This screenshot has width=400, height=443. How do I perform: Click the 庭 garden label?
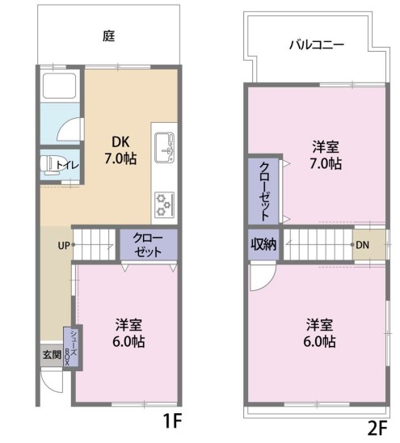point(109,36)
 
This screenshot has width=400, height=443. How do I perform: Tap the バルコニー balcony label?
point(317,45)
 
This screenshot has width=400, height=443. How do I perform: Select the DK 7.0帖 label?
point(120,150)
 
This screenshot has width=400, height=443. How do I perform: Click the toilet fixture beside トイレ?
point(48,165)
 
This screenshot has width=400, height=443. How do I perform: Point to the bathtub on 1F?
point(59,86)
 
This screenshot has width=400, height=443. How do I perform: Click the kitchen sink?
point(164,147)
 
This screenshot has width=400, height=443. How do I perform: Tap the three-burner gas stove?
point(164,205)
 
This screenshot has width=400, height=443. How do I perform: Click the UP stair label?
point(64,246)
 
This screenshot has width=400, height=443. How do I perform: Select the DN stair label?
point(363,245)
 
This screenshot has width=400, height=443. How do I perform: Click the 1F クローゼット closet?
point(149,244)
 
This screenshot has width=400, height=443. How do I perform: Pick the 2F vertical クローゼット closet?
point(263,192)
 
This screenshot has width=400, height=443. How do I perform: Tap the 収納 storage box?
point(263,244)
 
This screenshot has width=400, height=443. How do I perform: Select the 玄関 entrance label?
point(52,355)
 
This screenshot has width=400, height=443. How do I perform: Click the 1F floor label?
point(172,420)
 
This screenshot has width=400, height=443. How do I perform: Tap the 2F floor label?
point(377,428)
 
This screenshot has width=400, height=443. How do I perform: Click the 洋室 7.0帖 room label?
point(326,155)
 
